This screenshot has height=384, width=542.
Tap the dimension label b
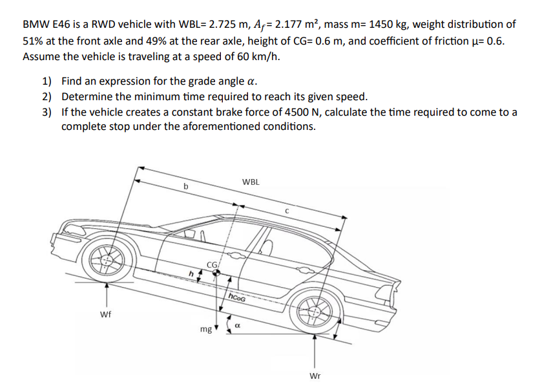pos(186,187)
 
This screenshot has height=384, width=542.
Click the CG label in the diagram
pos(213,263)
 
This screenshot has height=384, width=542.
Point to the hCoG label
pos(236,297)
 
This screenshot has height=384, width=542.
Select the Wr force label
pos(315,376)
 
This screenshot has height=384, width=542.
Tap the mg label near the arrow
pos(205,330)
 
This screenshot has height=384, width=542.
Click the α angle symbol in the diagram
pos(237,327)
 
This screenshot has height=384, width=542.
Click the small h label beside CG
pos(191,273)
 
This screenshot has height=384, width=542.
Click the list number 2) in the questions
pos(47,97)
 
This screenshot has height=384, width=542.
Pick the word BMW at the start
pos(35,25)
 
